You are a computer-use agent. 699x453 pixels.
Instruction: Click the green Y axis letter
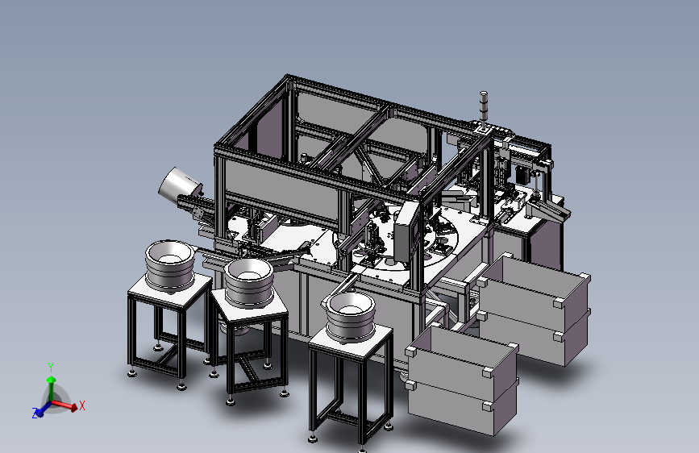[x=51, y=368]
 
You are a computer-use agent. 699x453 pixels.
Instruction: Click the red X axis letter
[x=82, y=405]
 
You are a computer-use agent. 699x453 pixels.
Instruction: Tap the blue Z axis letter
[x=35, y=414]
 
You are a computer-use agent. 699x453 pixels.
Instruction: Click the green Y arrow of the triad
[x=52, y=389]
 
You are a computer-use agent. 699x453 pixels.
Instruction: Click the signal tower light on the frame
[x=484, y=106]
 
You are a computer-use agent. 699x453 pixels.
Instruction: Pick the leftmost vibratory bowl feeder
[x=170, y=265]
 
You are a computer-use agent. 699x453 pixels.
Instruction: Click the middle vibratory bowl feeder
[x=249, y=282]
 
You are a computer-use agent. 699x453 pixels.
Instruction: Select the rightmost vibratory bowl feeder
[x=351, y=316]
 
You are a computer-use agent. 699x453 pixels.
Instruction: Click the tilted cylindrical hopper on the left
[x=180, y=184]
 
